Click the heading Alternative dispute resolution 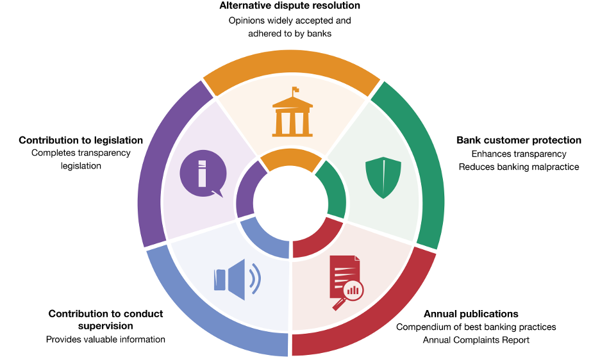coord(290,6)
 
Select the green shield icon coord(383,178)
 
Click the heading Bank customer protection coord(519,140)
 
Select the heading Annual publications coord(471,314)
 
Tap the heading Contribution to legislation coord(81,140)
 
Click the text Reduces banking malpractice coord(519,167)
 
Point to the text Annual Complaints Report coord(476,340)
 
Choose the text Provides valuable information coord(106,340)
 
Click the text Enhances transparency coord(519,154)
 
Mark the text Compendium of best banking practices coord(476,327)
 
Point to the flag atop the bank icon coord(295,90)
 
